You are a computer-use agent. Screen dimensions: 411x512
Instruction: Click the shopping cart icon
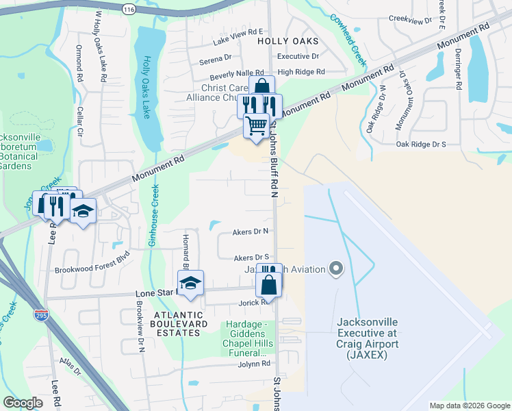coord(256,126)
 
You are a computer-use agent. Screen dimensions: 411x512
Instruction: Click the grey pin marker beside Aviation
coord(335,269)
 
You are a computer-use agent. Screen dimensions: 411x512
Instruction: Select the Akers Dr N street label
coord(251,232)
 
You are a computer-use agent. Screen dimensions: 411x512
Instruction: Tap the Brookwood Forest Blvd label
coord(92,270)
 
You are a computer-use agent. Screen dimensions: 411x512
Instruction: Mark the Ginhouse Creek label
coord(155,216)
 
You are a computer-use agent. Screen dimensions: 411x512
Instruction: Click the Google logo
coord(23,403)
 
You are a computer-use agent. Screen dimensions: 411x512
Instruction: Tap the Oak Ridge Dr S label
coord(421,144)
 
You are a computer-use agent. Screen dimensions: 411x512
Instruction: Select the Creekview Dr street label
coord(411,20)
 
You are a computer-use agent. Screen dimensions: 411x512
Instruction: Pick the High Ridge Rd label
coord(301,72)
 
